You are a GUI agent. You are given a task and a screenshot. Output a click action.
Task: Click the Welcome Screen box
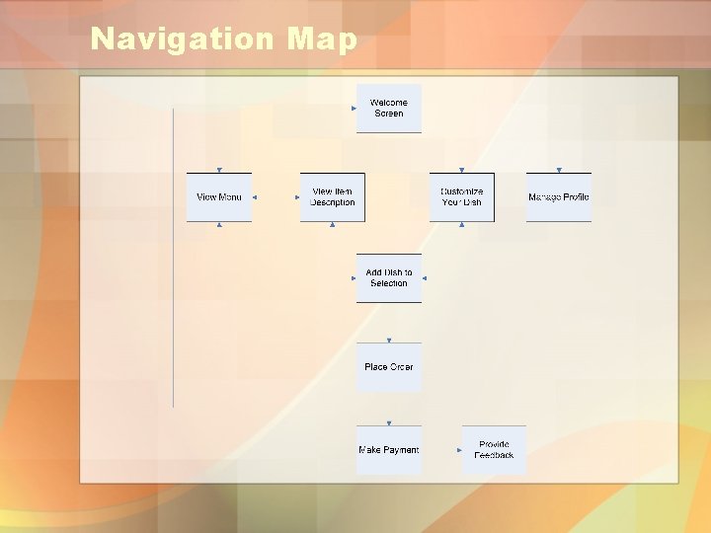click(x=389, y=109)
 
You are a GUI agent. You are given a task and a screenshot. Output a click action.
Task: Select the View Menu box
click(x=219, y=197)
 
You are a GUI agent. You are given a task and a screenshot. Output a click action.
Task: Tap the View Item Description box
click(x=332, y=197)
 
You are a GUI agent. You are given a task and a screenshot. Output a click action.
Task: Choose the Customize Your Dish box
click(x=462, y=197)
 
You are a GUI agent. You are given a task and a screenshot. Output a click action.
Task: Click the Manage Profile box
click(x=559, y=197)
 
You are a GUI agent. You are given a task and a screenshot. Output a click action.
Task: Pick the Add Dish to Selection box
click(x=389, y=278)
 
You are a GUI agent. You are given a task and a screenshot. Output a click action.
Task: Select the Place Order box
click(x=389, y=367)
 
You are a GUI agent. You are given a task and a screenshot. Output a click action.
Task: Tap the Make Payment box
click(x=389, y=450)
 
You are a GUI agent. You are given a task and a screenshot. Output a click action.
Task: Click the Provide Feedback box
click(x=494, y=450)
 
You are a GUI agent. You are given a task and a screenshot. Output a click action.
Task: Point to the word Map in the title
click(x=323, y=39)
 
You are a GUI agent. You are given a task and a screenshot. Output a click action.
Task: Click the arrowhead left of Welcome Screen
click(x=359, y=109)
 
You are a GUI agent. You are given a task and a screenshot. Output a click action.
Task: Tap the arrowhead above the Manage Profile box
click(x=559, y=170)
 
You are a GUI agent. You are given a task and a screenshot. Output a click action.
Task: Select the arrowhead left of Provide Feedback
click(x=461, y=450)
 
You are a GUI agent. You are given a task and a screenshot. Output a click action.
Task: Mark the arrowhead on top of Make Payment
click(x=389, y=422)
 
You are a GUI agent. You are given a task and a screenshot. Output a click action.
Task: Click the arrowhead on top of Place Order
click(x=389, y=340)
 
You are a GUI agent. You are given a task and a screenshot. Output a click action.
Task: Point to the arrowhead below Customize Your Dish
click(x=462, y=225)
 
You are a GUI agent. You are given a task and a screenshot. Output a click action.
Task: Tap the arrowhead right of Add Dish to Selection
click(x=425, y=278)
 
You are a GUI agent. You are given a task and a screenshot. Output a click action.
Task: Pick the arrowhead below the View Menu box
click(x=219, y=225)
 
